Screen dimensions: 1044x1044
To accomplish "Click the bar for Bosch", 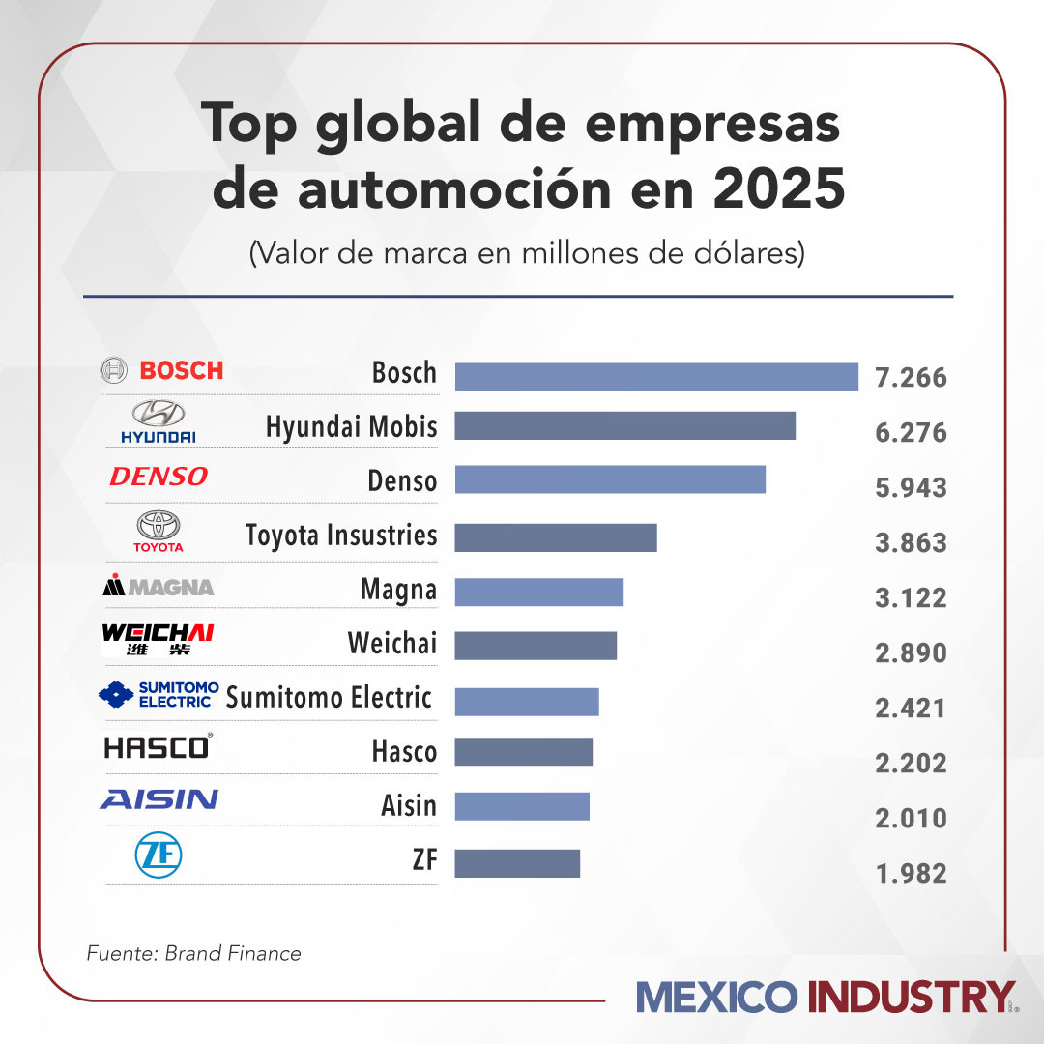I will [x=656, y=377].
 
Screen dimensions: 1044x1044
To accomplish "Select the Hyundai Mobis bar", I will [x=624, y=426].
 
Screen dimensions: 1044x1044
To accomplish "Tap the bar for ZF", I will [x=517, y=863].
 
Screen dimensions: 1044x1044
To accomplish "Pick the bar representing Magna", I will [x=538, y=592].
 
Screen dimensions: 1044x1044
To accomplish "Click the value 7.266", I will [x=910, y=377].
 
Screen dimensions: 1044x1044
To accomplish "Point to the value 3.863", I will [x=910, y=542].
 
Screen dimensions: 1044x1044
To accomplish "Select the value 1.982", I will [x=910, y=874].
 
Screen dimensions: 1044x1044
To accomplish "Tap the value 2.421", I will [x=910, y=709].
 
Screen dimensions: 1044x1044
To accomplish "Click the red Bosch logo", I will [x=162, y=370].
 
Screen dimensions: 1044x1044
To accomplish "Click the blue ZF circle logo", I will [x=159, y=855].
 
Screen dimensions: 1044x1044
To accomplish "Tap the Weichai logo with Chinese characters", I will [x=158, y=640].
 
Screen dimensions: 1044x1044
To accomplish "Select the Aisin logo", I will [x=159, y=799].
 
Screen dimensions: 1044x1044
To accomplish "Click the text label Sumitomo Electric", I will [x=329, y=697].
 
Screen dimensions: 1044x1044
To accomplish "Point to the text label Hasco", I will [x=404, y=751].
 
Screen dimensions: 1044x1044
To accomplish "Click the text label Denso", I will [x=402, y=480].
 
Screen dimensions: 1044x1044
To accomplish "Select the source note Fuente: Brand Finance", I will [x=194, y=954].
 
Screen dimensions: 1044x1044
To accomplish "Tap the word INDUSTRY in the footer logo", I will [x=912, y=998].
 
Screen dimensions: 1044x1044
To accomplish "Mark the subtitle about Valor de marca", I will [x=527, y=254].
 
